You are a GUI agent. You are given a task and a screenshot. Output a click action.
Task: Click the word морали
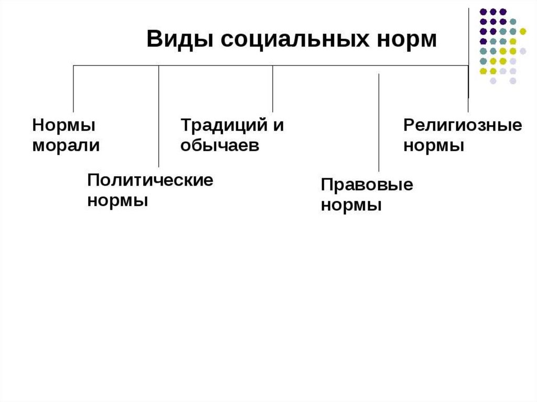66,145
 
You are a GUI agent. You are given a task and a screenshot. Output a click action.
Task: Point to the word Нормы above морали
64,126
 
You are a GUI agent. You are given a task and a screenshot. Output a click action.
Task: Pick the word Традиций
220,126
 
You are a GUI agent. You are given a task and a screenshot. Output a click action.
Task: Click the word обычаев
220,145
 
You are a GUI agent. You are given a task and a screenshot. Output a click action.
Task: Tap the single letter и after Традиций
278,126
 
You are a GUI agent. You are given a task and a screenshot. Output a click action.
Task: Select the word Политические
151,181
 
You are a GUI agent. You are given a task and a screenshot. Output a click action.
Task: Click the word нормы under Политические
117,200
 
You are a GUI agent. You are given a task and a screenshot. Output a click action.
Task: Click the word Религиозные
463,126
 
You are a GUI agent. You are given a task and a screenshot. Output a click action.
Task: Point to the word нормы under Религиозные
434,145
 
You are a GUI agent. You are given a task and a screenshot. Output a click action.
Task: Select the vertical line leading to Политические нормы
159,115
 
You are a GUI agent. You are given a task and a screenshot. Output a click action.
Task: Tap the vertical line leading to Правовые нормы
379,123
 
